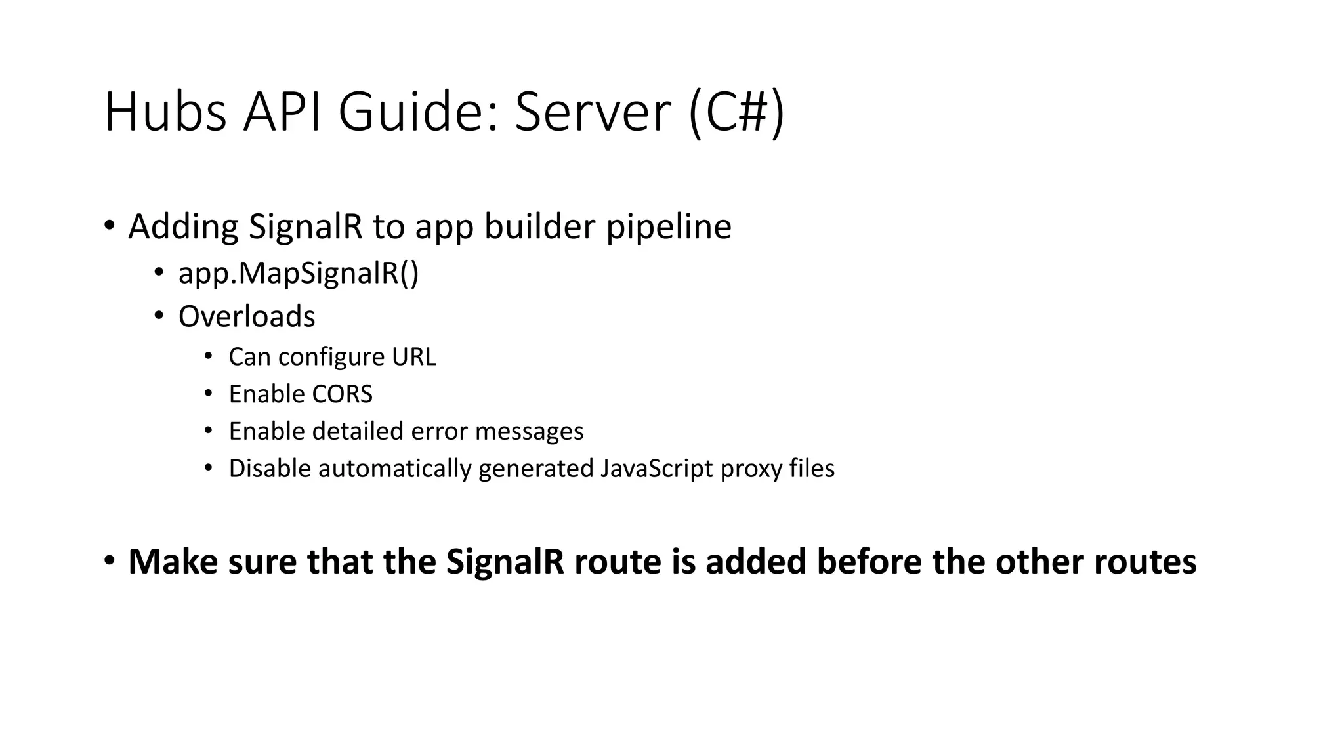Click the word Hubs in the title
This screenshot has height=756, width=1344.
tap(165, 112)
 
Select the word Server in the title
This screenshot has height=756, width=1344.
tap(593, 112)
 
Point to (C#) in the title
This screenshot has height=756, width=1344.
tap(736, 112)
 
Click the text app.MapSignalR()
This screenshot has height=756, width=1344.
tap(298, 273)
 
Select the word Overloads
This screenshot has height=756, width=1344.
tap(247, 316)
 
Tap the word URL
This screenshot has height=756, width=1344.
tap(413, 357)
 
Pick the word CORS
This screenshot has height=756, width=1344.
tap(342, 394)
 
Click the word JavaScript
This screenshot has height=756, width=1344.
tap(656, 469)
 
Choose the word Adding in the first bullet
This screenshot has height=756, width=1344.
tap(183, 227)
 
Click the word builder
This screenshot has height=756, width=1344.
tap(539, 227)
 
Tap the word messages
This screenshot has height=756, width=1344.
tap(529, 431)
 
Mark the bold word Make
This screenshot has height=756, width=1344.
tap(173, 562)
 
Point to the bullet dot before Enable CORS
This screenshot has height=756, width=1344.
tap(209, 394)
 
